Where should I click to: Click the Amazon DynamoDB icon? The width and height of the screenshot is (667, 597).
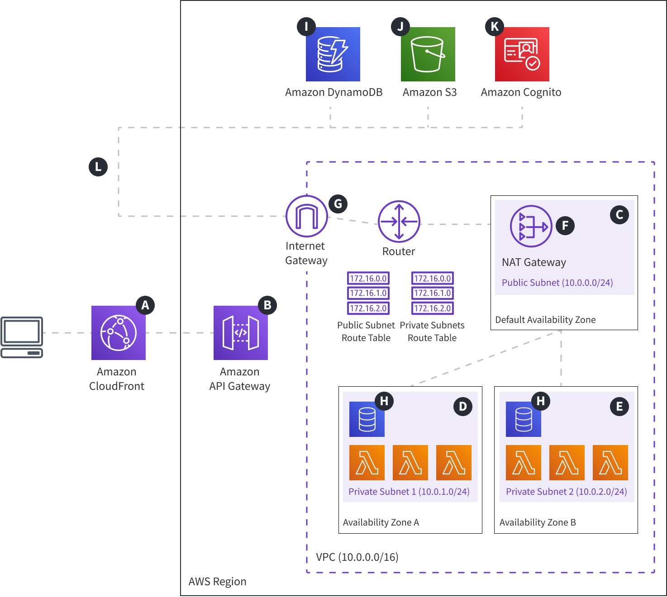[333, 54]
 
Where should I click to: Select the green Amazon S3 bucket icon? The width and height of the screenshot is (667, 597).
[428, 54]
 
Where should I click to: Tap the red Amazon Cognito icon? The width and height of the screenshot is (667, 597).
[522, 54]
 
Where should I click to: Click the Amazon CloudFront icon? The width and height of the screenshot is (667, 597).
[119, 333]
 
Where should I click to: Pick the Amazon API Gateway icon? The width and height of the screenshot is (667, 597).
[241, 333]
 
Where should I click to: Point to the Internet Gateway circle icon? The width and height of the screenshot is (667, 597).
[307, 216]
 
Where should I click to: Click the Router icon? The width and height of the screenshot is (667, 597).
[399, 222]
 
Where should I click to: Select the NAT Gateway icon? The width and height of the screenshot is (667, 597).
[531, 226]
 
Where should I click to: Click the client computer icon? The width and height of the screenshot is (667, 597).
[22, 337]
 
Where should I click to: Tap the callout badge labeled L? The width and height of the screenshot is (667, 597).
[98, 167]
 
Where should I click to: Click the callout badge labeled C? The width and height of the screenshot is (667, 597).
[619, 215]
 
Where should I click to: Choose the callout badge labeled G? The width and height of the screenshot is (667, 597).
[338, 204]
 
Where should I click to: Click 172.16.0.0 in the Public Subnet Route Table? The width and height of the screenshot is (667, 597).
[368, 279]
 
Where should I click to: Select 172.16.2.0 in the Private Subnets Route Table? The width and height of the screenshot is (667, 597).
[433, 308]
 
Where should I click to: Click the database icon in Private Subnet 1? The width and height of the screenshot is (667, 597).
[367, 419]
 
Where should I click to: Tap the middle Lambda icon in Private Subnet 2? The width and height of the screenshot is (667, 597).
[567, 463]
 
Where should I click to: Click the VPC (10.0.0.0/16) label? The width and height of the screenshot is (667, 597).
[357, 557]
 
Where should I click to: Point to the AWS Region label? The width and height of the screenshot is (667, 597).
[217, 582]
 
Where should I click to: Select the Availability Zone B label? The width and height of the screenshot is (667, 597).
[538, 522]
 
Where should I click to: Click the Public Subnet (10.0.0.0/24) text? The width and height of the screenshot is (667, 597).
[557, 283]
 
